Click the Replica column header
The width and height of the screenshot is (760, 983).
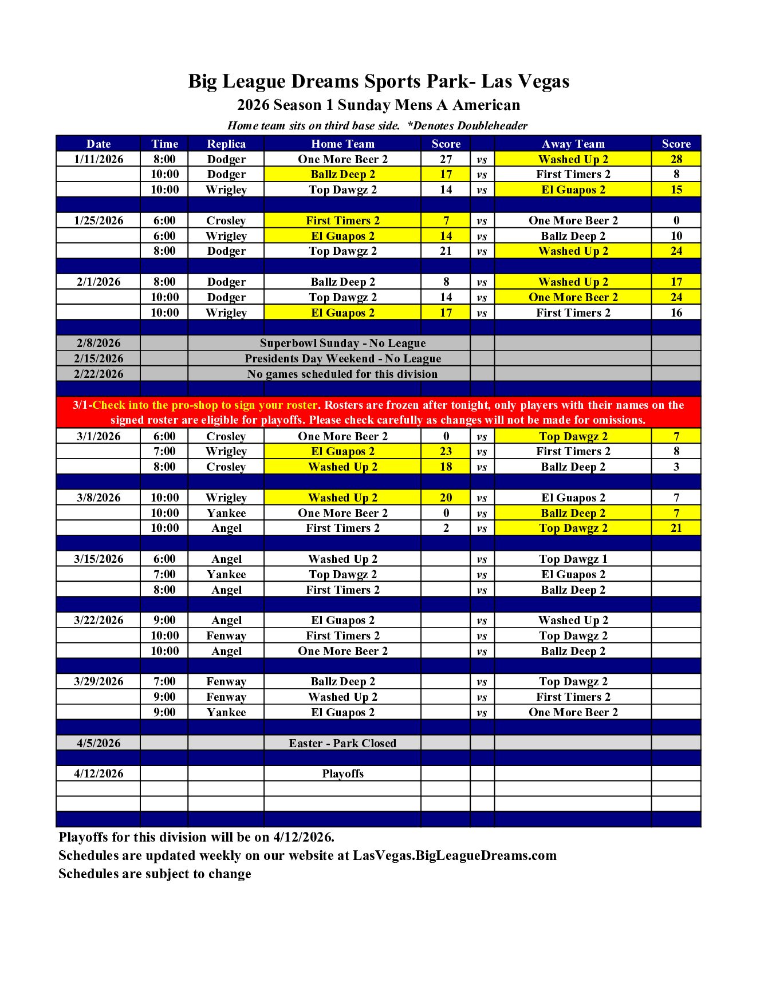(x=226, y=144)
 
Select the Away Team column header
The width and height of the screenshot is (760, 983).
(x=573, y=144)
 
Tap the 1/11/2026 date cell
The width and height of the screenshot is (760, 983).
(x=99, y=159)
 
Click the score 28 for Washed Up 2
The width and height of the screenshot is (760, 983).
(x=676, y=159)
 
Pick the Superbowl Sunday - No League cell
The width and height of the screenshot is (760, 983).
(x=342, y=343)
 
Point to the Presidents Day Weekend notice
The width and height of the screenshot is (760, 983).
(x=342, y=358)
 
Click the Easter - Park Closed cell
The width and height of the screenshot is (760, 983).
(x=342, y=743)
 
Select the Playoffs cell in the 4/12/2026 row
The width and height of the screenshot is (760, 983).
(x=342, y=773)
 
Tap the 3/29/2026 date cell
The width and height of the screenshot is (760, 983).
(x=99, y=681)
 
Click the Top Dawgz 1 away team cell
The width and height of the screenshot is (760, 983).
(x=573, y=559)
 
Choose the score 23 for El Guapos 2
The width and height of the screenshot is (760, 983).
(x=446, y=451)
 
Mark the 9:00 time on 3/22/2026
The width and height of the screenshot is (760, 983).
(x=164, y=620)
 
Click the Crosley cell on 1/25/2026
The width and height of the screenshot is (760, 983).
(x=226, y=220)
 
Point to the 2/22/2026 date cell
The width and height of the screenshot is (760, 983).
(x=99, y=374)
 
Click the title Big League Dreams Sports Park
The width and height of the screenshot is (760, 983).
(x=379, y=81)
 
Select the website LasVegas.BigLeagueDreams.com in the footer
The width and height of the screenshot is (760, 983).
(x=454, y=855)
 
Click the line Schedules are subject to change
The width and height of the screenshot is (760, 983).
(x=155, y=874)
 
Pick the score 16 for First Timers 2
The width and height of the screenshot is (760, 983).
(x=676, y=313)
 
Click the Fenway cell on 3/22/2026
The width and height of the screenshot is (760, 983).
(x=226, y=635)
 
